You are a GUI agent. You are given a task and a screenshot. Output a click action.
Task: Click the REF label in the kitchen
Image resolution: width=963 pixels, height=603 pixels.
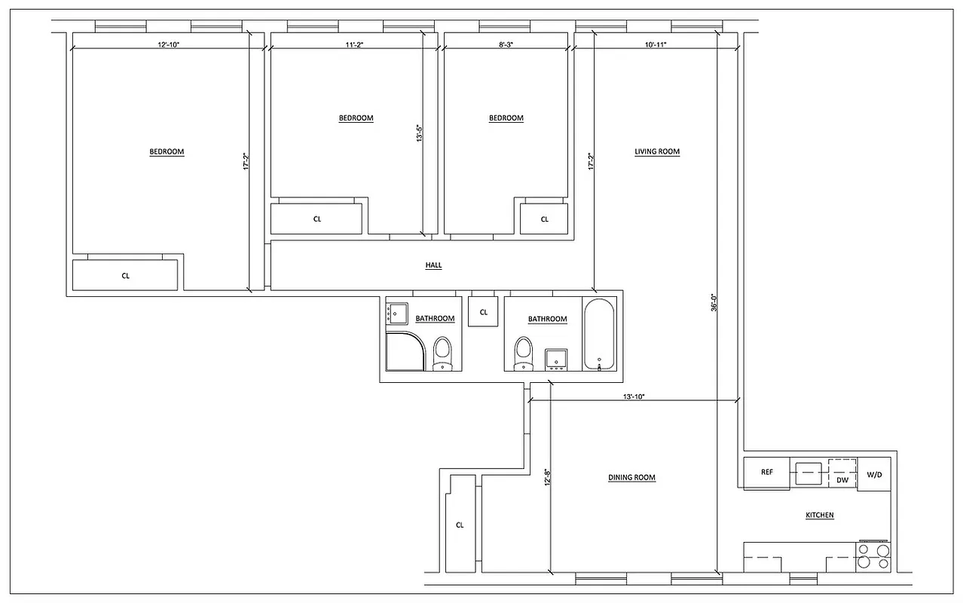click(x=766, y=473)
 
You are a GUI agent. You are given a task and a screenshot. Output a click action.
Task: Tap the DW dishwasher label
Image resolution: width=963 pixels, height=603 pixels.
click(x=842, y=480)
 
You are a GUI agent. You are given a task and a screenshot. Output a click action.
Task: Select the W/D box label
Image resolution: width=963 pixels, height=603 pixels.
click(x=874, y=475)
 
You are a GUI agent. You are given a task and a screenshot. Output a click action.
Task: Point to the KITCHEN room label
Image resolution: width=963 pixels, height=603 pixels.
click(x=819, y=516)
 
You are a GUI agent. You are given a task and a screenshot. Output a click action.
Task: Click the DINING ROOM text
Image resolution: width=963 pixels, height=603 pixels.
click(x=631, y=478)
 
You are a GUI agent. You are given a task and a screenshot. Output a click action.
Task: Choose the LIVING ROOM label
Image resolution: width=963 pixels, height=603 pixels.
click(x=657, y=152)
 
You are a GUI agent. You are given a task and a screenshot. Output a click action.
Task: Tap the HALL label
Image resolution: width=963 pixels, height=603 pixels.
click(x=433, y=265)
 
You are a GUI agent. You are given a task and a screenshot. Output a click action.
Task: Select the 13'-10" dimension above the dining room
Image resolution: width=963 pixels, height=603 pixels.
click(x=634, y=396)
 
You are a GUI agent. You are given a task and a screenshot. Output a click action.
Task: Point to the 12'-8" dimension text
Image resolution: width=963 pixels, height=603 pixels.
click(x=546, y=479)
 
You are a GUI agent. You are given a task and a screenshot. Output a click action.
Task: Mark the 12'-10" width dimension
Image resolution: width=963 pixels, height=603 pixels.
click(x=169, y=45)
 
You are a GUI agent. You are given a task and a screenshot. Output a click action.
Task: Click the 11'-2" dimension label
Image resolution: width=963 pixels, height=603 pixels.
click(x=354, y=45)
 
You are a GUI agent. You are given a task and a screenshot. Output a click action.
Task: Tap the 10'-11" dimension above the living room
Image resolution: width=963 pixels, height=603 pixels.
click(x=655, y=45)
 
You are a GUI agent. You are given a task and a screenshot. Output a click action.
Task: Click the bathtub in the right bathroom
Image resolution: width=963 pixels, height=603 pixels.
click(x=599, y=335)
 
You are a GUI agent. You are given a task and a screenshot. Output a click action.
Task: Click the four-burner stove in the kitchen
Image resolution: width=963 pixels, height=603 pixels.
click(x=873, y=556)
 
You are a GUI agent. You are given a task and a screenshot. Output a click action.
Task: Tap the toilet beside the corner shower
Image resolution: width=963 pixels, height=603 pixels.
click(x=442, y=354)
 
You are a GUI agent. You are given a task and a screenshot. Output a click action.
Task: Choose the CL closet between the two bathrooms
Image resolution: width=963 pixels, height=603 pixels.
click(x=483, y=312)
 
